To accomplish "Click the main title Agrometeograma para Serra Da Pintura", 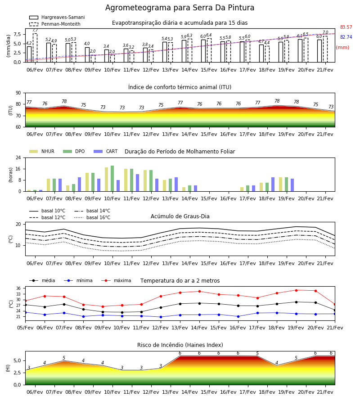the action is coord(180,8).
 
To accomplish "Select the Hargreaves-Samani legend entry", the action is coord(57,17).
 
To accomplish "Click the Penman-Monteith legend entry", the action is coord(55,24).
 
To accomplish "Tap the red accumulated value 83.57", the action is coord(346,27).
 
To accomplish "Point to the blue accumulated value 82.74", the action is coord(346,37).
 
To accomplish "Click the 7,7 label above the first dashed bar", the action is coord(35,31).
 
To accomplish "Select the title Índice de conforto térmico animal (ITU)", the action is coord(180,87).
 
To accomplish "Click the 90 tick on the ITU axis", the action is coord(18,93).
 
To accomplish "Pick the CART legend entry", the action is coord(106,151).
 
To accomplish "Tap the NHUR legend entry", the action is coord(42,151).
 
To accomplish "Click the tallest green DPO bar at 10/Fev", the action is coord(112,179).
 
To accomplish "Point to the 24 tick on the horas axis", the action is coord(18,157).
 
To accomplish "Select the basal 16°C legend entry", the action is coord(92,217).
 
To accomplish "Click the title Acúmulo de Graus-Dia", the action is coord(180,216).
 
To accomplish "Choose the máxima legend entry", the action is coord(116,280).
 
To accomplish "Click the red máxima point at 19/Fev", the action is coord(296,290).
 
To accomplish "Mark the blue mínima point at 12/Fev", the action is coord(161,317).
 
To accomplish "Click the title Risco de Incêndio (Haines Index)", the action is coord(180,345).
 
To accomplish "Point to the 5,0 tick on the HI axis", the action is coord(17,361).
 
